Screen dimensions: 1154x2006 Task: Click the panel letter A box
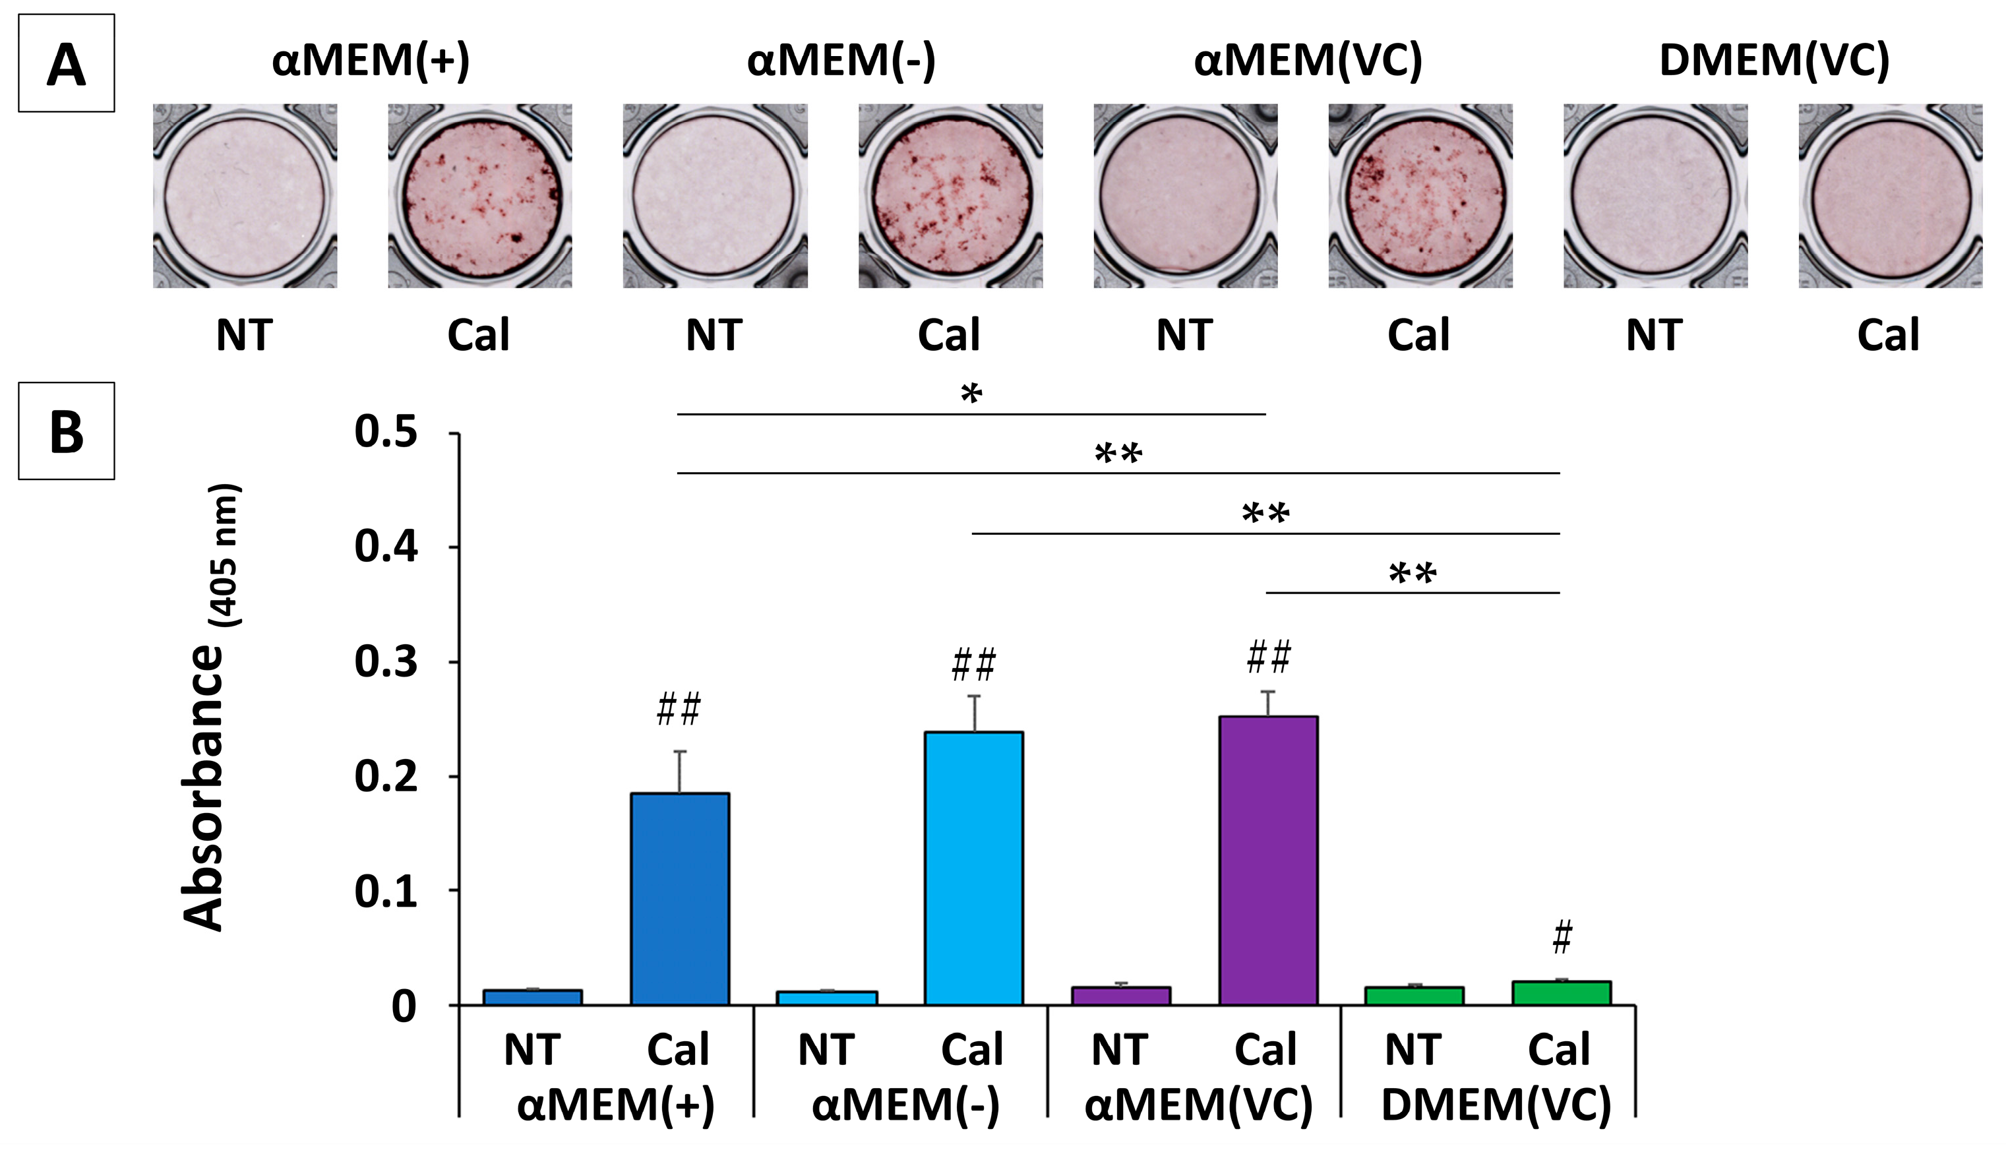(67, 63)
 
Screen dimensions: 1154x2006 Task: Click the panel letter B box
(67, 431)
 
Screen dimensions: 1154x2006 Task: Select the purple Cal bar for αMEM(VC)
(1268, 860)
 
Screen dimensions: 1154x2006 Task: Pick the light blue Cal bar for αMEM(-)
(974, 868)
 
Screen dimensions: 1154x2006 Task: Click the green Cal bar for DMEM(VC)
(1562, 993)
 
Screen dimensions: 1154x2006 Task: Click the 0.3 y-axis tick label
(385, 662)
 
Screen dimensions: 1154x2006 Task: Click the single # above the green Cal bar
(1562, 938)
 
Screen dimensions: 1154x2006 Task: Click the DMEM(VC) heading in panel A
(1774, 60)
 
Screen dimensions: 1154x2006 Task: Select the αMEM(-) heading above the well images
(841, 60)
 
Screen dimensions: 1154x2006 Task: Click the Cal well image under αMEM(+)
(480, 196)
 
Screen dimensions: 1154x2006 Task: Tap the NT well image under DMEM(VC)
(1655, 196)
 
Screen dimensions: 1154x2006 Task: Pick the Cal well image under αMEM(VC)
(1420, 196)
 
